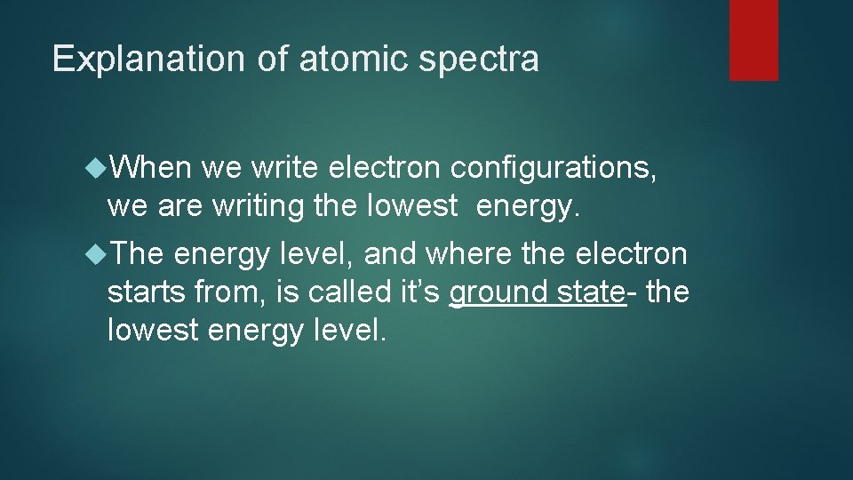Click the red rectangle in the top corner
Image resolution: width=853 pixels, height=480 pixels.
(x=753, y=40)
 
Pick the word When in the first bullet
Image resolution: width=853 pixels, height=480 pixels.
(x=153, y=166)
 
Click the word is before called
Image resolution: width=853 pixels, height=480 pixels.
(x=279, y=292)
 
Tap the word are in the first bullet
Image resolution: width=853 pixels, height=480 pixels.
(x=180, y=205)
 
